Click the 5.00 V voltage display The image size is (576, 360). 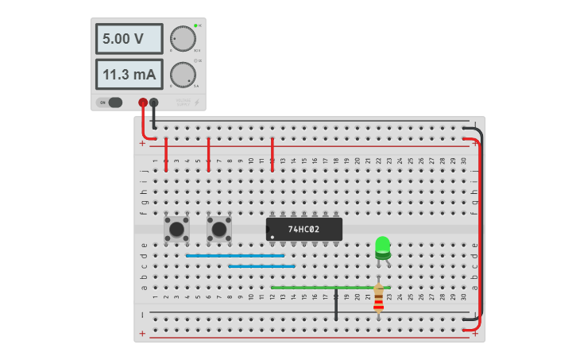tap(129, 38)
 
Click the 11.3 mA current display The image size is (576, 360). tap(129, 74)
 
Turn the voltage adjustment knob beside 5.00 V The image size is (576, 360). tap(183, 38)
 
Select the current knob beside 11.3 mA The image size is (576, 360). tap(183, 75)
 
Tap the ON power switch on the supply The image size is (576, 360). tap(110, 102)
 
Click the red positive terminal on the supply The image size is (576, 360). tap(143, 102)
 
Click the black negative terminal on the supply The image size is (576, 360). tap(153, 102)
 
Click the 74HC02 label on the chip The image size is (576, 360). tap(303, 229)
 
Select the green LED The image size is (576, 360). tap(382, 246)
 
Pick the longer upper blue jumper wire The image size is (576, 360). tap(234, 256)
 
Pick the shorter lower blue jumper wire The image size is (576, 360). tap(261, 266)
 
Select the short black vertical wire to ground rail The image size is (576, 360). tap(336, 304)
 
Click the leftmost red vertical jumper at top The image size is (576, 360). tap(165, 153)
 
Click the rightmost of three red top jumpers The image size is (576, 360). tap(272, 153)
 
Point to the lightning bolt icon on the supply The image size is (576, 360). tap(197, 102)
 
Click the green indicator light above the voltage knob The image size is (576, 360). tap(195, 25)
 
